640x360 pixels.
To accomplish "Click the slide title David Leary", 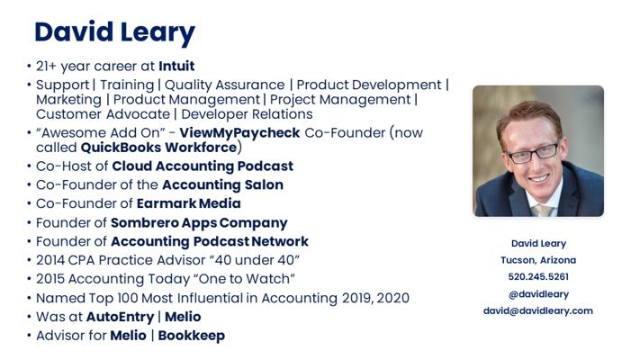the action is click(x=114, y=32).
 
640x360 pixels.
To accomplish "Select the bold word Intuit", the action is click(x=176, y=66).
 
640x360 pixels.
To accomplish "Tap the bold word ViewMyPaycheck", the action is click(x=239, y=133).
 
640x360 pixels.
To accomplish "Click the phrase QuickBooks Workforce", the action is click(x=158, y=148).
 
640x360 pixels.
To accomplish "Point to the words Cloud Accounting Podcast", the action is click(x=203, y=166).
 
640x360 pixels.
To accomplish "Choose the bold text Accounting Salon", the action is click(x=223, y=184).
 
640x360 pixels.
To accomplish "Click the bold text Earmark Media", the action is click(x=188, y=203).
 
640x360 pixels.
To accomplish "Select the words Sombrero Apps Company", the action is click(x=199, y=223).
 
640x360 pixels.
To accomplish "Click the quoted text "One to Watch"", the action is click(x=244, y=279).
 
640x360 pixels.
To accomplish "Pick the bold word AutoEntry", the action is click(x=120, y=317).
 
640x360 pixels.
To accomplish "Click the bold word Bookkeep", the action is click(x=192, y=336).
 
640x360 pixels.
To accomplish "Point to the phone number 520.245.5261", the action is click(x=538, y=276).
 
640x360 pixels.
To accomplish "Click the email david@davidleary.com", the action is click(x=538, y=310).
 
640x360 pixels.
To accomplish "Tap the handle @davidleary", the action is click(x=538, y=294).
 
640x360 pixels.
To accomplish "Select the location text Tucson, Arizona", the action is click(x=538, y=260).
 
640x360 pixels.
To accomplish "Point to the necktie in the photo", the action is click(x=543, y=211).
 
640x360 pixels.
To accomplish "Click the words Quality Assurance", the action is click(x=224, y=85).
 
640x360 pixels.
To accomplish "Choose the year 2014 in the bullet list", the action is click(x=50, y=260).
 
